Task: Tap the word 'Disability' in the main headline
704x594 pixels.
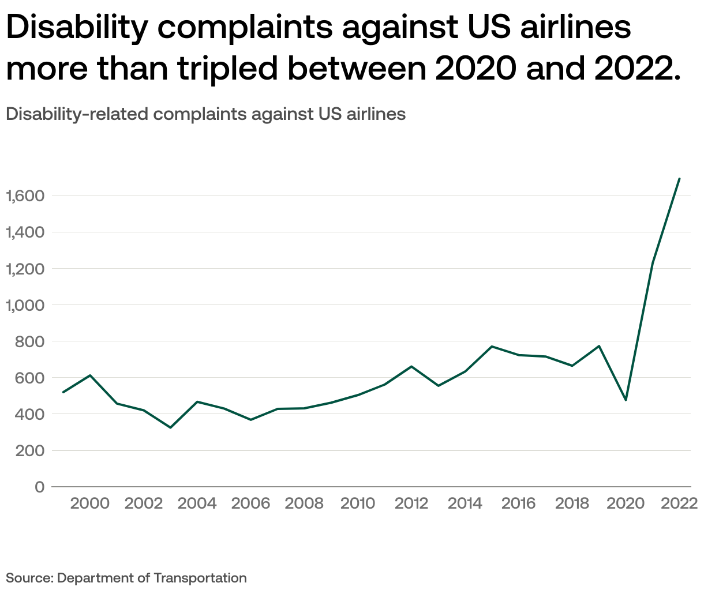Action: tap(76, 27)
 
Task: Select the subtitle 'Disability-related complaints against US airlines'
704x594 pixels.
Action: tap(205, 114)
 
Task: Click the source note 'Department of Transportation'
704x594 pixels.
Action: tap(152, 578)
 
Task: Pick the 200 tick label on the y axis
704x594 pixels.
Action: tap(30, 450)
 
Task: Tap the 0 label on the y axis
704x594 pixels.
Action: tap(39, 487)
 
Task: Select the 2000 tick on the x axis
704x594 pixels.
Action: tap(89, 503)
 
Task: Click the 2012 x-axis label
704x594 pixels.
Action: tap(411, 503)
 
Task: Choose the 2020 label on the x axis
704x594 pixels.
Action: tap(626, 503)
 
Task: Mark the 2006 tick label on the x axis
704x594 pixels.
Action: tap(250, 503)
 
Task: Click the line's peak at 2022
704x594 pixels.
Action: tap(679, 179)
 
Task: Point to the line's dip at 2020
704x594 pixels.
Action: tap(626, 400)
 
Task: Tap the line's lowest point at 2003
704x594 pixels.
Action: tap(170, 427)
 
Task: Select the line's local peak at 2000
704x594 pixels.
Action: tap(90, 375)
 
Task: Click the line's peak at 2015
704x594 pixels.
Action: tap(492, 346)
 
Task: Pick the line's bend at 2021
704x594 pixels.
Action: tap(653, 263)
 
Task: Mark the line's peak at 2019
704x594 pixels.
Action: tap(599, 346)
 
